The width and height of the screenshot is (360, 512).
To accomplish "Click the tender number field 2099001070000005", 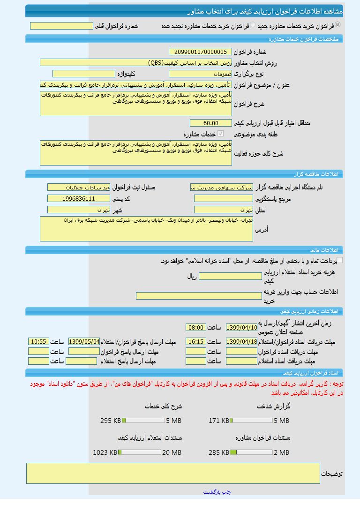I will coord(200,52).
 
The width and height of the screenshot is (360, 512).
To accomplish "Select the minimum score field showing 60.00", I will coord(210,123).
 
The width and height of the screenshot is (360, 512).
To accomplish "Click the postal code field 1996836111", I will coord(78,199).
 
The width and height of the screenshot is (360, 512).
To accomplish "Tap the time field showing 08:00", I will coord(195,327).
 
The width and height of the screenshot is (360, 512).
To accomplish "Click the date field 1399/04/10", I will coord(241,327).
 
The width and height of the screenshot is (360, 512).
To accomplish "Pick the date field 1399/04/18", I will coord(241,342).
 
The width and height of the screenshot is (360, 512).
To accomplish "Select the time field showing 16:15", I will coord(195,342).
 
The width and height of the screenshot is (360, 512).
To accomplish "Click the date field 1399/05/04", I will coord(84,342).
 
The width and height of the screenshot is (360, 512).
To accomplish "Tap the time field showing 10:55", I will coord(38,342).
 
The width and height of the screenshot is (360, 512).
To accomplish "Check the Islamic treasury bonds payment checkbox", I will coord(340,260).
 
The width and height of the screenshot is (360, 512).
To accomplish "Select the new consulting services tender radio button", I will coord(338,25).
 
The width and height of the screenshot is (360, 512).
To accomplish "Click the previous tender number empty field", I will coord(61,26).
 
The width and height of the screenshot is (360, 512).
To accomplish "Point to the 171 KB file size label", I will coord(219,421).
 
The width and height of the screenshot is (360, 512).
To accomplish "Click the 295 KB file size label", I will coord(111,421).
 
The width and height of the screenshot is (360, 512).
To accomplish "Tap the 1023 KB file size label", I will coord(105,452).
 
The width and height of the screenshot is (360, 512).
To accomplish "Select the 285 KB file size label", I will coord(219,452).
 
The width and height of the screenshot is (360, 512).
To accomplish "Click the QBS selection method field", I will coord(135,62).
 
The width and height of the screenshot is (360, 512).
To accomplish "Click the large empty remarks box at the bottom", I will coord(173,473).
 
